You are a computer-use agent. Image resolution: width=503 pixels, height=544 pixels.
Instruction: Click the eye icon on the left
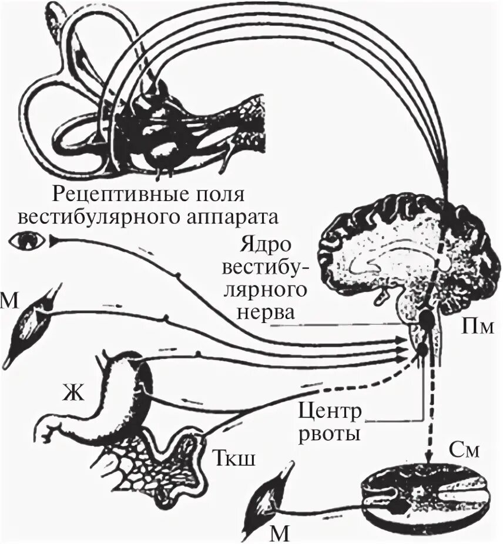click(x=26, y=240)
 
